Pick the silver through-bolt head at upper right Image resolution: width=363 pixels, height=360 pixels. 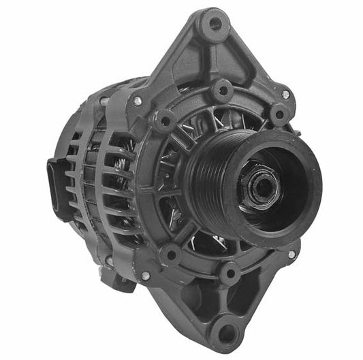[285, 95]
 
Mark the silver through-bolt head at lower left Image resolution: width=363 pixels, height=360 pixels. [145, 276]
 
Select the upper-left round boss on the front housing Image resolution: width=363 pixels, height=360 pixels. [164, 122]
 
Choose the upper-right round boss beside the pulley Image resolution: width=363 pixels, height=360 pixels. [279, 114]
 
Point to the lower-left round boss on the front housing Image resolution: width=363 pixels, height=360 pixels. [169, 255]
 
